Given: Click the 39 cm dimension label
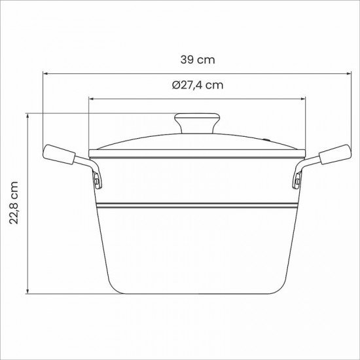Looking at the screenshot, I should [x=197, y=60].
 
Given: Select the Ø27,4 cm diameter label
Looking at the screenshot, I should [x=197, y=85].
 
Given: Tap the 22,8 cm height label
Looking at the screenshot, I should [x=14, y=203].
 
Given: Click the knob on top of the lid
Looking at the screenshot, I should [x=197, y=122].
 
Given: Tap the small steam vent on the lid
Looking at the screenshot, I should [x=266, y=139].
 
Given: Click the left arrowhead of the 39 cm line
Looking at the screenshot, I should [x=46, y=73].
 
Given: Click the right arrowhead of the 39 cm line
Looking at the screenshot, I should [x=347, y=73].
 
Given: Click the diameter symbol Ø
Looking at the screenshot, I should [x=176, y=85].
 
